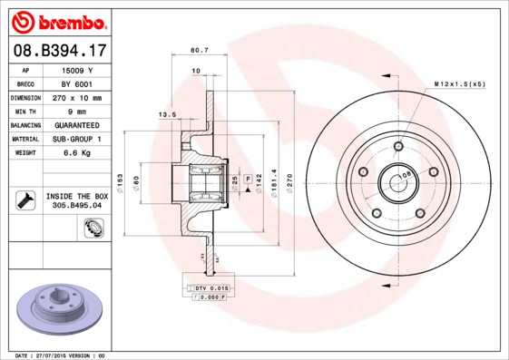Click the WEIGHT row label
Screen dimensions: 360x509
(24, 153)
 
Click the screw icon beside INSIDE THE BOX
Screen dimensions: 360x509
(25, 199)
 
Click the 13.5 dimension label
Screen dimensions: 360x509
(168, 114)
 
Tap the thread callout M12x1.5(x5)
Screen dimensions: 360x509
(459, 84)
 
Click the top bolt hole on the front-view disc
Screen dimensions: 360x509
(398, 145)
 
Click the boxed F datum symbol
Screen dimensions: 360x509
(247, 180)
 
